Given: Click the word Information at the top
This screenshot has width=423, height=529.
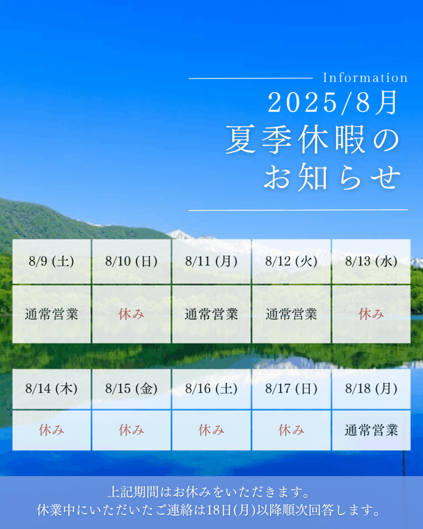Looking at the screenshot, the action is pyautogui.click(x=365, y=77).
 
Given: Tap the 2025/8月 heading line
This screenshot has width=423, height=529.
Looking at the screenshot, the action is pyautogui.click(x=333, y=103).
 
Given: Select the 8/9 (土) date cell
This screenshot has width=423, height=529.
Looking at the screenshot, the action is pyautogui.click(x=52, y=261).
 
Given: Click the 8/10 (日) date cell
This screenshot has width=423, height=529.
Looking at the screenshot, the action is pyautogui.click(x=132, y=261).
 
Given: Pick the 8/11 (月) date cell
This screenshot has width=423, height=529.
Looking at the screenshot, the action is pyautogui.click(x=212, y=261).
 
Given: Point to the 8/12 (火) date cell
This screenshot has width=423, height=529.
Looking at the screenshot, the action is pyautogui.click(x=291, y=261).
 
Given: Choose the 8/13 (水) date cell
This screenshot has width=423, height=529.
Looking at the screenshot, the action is pyautogui.click(x=371, y=261).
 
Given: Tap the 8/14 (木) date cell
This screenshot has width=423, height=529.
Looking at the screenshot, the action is pyautogui.click(x=52, y=389).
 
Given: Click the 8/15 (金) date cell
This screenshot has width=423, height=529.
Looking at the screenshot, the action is pyautogui.click(x=132, y=389).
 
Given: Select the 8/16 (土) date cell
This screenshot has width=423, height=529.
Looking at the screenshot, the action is pyautogui.click(x=212, y=389).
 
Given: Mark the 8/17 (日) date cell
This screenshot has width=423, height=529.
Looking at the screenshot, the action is pyautogui.click(x=291, y=389).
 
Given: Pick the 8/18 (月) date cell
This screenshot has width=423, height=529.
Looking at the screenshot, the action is pyautogui.click(x=371, y=389).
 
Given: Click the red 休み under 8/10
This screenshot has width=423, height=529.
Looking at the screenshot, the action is pyautogui.click(x=132, y=314).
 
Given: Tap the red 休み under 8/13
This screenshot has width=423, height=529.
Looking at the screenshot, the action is pyautogui.click(x=371, y=314).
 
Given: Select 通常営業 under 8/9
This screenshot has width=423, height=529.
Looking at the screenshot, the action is pyautogui.click(x=52, y=314).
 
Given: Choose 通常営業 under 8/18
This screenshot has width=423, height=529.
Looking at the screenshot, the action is pyautogui.click(x=371, y=430).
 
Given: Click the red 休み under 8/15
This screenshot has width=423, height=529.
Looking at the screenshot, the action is pyautogui.click(x=132, y=430).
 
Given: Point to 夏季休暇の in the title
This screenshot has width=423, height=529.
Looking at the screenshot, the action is pyautogui.click(x=312, y=140).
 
